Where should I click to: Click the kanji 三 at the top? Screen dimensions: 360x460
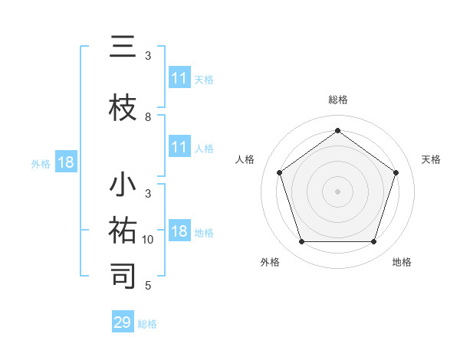[123, 48]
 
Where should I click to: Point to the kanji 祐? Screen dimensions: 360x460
[123, 231]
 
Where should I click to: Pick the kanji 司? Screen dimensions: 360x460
[123, 275]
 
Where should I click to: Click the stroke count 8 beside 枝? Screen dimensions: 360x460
[148, 117]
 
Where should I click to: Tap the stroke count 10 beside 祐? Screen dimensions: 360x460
[148, 240]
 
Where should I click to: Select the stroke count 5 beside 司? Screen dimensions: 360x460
[148, 286]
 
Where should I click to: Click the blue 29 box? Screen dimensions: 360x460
[123, 322]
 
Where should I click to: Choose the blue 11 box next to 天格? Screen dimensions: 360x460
[179, 78]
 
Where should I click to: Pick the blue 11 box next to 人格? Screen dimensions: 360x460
[179, 148]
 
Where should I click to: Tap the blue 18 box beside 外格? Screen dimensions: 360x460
[65, 162]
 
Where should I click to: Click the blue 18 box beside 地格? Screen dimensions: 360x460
[179, 232]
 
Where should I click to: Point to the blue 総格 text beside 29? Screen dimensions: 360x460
[147, 324]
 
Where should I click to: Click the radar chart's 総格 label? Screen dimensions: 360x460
[337, 100]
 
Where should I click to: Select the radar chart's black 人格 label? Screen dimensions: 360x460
[245, 159]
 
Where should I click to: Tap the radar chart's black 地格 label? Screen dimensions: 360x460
[402, 262]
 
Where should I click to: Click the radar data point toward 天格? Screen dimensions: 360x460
[396, 172]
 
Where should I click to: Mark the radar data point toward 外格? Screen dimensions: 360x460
[301, 242]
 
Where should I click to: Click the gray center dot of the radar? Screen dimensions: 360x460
[337, 191]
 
